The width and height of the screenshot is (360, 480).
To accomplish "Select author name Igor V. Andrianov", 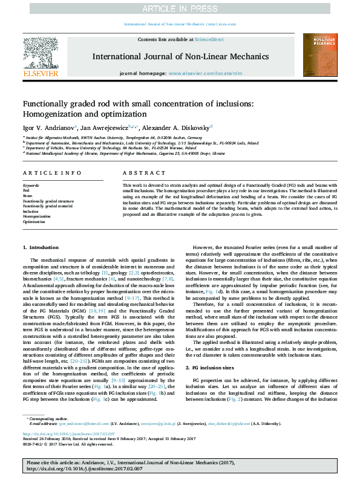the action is pyautogui.click(x=48, y=128).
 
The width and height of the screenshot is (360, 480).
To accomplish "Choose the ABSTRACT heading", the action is pyautogui.click(x=140, y=172).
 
